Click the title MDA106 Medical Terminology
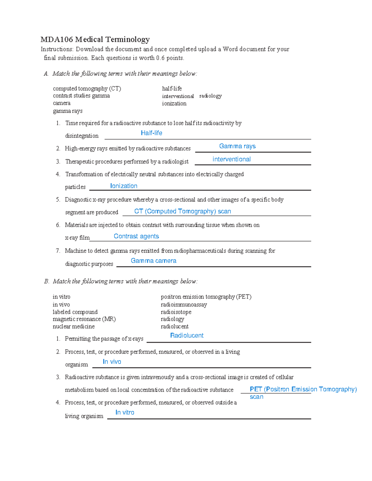95,39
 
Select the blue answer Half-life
151,133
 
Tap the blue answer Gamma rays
237,146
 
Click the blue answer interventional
231,159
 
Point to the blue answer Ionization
124,186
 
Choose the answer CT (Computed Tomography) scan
182,211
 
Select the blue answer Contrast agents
136,236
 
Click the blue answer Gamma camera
153,261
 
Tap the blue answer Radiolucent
187,335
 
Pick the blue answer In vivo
112,362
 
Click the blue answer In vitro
125,413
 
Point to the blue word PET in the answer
256,389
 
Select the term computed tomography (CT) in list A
87,89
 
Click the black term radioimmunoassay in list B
184,304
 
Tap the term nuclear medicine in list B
73,326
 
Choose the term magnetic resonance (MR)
84,319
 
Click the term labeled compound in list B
75,312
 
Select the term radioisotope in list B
176,312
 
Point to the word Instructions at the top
57,49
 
